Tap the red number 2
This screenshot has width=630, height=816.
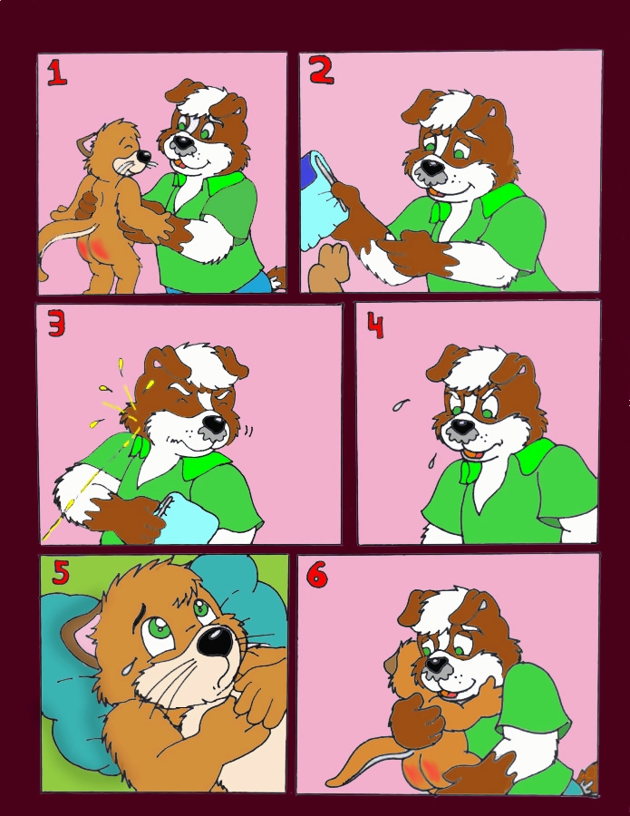tap(322, 71)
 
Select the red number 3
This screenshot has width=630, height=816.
tap(56, 325)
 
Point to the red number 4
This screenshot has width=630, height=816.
tap(375, 325)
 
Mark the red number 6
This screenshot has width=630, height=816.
tap(317, 575)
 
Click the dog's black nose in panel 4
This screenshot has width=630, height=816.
tap(460, 426)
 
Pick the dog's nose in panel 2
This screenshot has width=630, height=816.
tap(431, 167)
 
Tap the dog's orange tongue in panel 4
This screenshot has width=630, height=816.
tap(473, 452)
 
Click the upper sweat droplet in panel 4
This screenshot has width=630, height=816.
tap(400, 404)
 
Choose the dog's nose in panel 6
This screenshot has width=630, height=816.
tap(437, 664)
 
